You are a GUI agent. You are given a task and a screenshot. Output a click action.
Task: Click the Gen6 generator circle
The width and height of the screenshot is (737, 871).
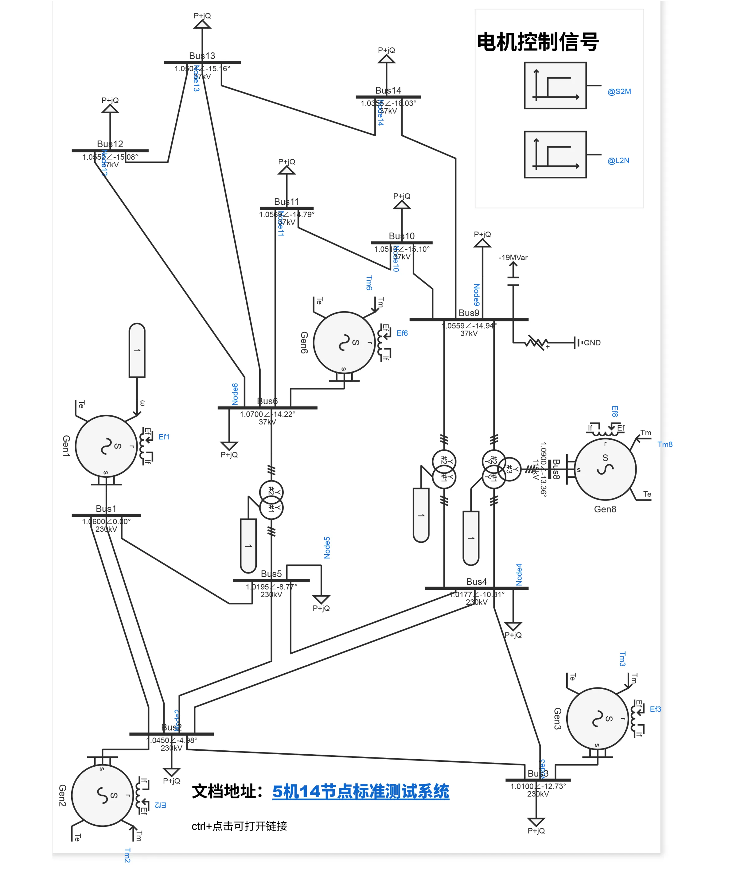click(344, 342)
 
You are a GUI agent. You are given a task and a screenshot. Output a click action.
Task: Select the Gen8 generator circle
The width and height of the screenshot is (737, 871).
click(605, 469)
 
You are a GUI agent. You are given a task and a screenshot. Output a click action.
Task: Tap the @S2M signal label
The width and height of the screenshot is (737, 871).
click(619, 91)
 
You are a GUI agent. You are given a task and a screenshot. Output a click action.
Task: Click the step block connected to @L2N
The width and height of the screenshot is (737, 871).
click(555, 154)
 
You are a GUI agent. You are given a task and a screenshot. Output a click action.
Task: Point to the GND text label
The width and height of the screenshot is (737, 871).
click(592, 343)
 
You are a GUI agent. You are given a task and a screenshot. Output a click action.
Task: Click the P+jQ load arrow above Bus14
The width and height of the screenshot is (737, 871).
click(387, 59)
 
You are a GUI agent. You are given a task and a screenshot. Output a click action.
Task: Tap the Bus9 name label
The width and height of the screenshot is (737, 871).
click(469, 313)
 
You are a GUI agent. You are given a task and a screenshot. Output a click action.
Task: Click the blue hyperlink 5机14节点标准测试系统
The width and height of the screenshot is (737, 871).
click(361, 791)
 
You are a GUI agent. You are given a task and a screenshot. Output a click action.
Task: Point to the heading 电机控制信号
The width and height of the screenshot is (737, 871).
click(538, 42)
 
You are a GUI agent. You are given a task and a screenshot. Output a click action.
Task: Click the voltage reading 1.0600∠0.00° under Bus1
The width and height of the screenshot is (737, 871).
click(106, 521)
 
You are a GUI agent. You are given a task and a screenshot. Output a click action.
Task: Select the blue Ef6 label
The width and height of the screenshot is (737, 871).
click(402, 333)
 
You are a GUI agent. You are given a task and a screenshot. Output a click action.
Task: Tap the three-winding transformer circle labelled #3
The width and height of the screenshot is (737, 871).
click(510, 469)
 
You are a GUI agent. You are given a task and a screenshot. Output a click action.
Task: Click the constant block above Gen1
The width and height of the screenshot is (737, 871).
click(137, 350)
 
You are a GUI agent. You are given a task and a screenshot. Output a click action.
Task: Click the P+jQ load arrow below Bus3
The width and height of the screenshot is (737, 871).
click(536, 821)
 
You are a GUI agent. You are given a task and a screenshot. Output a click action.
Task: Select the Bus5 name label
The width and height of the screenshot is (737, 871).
click(271, 574)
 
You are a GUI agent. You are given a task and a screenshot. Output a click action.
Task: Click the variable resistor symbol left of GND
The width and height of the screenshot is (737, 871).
click(536, 343)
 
